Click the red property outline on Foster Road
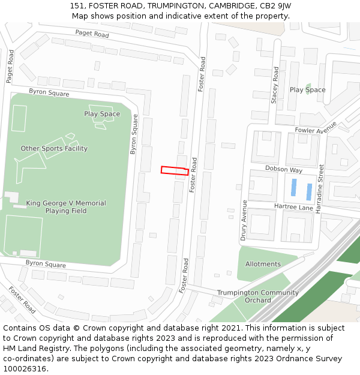175,170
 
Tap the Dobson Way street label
284,170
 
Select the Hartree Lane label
294,207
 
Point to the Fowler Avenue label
316,130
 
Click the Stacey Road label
275,85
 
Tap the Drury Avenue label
244,220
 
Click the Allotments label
263,264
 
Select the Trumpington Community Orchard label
257,296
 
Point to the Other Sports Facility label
54,148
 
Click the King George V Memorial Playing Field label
66,207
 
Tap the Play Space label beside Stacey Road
307,90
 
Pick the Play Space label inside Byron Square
102,114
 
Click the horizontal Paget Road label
92,34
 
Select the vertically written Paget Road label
10,66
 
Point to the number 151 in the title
76,5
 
